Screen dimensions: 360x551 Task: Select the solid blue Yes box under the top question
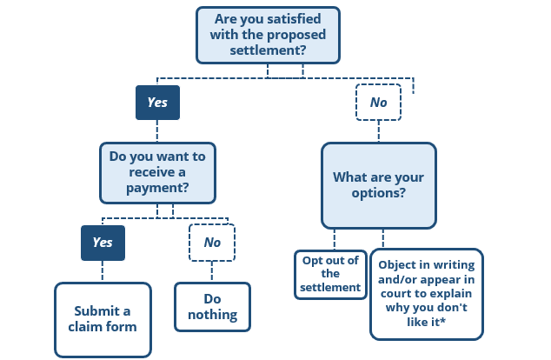[157, 103]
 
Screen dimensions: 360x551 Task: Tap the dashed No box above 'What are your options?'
[378, 103]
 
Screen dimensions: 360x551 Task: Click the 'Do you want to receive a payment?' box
[157, 171]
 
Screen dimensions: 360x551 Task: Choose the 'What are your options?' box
[378, 185]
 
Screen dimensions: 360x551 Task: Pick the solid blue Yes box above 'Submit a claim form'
[103, 243]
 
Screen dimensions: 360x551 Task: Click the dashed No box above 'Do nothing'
[212, 243]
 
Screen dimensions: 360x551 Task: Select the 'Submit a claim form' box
[103, 318]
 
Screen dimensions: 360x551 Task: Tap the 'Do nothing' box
[212, 306]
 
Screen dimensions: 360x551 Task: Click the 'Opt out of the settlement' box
[330, 274]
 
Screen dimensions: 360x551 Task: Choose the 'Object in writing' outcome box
[426, 293]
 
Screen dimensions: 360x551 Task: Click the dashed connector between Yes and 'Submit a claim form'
[103, 271]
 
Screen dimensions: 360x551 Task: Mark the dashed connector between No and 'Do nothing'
[212, 272]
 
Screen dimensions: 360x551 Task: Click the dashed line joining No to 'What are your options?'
[378, 131]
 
